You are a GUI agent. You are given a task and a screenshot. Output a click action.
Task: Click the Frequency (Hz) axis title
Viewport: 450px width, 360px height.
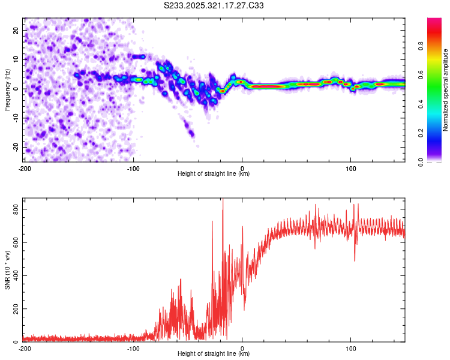click(8, 90)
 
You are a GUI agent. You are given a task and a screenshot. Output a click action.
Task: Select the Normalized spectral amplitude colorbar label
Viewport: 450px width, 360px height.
click(446, 90)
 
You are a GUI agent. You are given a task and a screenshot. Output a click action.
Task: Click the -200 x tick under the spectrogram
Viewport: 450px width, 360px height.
click(25, 169)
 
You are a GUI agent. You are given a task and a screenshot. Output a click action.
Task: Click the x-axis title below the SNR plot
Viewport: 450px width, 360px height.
click(214, 354)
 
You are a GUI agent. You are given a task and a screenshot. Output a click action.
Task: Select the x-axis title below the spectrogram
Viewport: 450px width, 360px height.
click(214, 174)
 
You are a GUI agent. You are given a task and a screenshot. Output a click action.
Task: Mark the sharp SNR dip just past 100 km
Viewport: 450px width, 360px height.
click(355, 260)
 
